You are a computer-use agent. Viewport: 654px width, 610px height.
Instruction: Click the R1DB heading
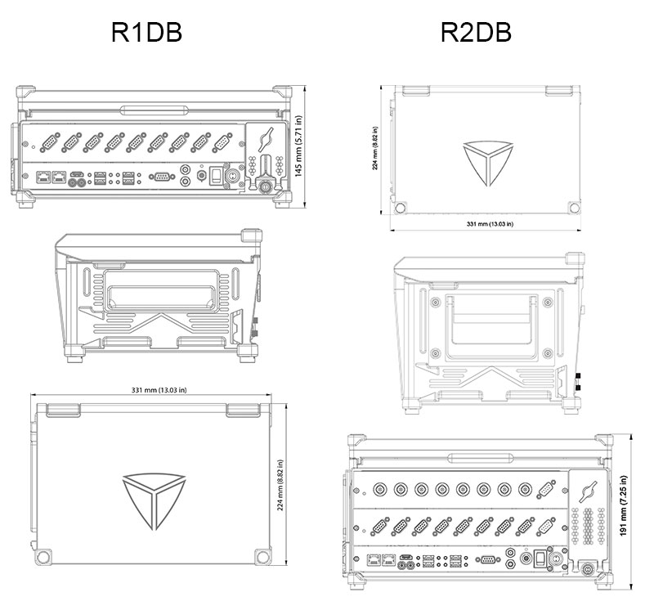coord(146,32)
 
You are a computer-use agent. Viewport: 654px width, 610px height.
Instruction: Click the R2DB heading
coord(476,32)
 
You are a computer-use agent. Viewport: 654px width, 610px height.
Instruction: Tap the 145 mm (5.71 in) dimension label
coord(298,146)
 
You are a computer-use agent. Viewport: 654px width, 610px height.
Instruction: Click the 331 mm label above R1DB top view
coord(159,390)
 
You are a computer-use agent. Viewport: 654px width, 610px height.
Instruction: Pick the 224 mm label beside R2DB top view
coord(375,148)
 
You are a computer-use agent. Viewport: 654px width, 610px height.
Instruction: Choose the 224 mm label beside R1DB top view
coord(280,485)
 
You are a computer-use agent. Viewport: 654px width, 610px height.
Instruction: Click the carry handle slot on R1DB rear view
coord(155,110)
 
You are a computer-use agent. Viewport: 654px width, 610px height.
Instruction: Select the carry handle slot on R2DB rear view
coord(480,458)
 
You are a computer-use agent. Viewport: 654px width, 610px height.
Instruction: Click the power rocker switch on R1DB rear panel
coord(216,175)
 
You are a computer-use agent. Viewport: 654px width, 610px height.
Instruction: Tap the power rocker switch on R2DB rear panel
coord(540,558)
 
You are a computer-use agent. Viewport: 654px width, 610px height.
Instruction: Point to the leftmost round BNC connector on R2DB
coord(379,489)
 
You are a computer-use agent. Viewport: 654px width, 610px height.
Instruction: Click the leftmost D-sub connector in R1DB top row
coord(50,142)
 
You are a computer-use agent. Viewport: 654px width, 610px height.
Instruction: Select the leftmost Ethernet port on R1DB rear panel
coord(43,177)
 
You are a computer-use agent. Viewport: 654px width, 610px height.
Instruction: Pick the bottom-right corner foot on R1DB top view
coord(262,557)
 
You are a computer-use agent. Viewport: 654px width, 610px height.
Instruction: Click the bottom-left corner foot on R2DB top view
coord(400,208)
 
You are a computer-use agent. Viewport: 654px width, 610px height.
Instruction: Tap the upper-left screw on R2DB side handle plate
coord(436,302)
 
